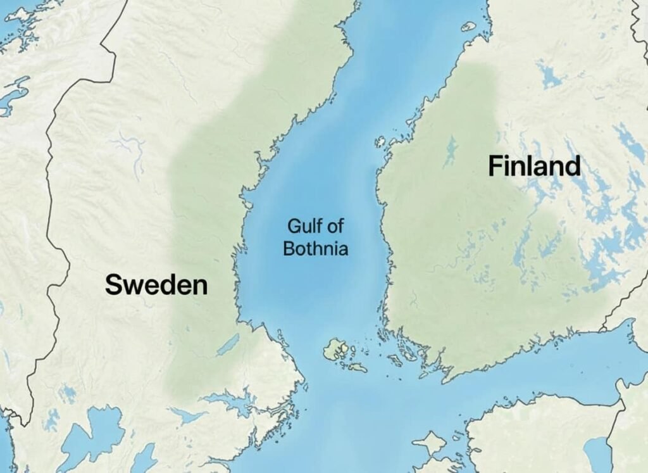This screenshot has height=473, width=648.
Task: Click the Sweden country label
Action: (x=156, y=285)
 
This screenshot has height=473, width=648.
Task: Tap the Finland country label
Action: (x=534, y=167)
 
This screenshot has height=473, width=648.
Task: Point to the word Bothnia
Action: (x=315, y=249)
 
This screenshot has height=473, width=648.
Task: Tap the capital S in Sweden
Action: (x=113, y=285)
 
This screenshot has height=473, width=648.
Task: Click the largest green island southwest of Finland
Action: (x=335, y=349)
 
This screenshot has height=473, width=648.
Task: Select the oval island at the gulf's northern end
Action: (x=468, y=27)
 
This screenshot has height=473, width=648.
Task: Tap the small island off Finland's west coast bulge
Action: (x=380, y=142)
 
